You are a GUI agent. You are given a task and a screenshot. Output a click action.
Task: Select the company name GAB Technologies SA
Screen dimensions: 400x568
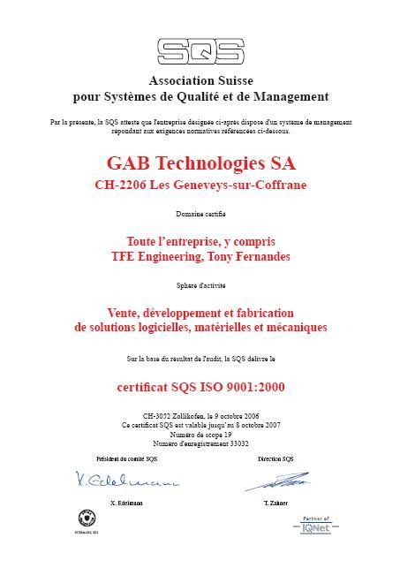coord(200,163)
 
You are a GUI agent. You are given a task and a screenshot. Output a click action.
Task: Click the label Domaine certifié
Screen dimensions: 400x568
coord(200,215)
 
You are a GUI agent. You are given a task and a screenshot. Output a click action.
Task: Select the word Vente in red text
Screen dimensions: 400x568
coord(124,313)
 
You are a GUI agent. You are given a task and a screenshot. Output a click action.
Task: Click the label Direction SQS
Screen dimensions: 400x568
coord(275,458)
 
